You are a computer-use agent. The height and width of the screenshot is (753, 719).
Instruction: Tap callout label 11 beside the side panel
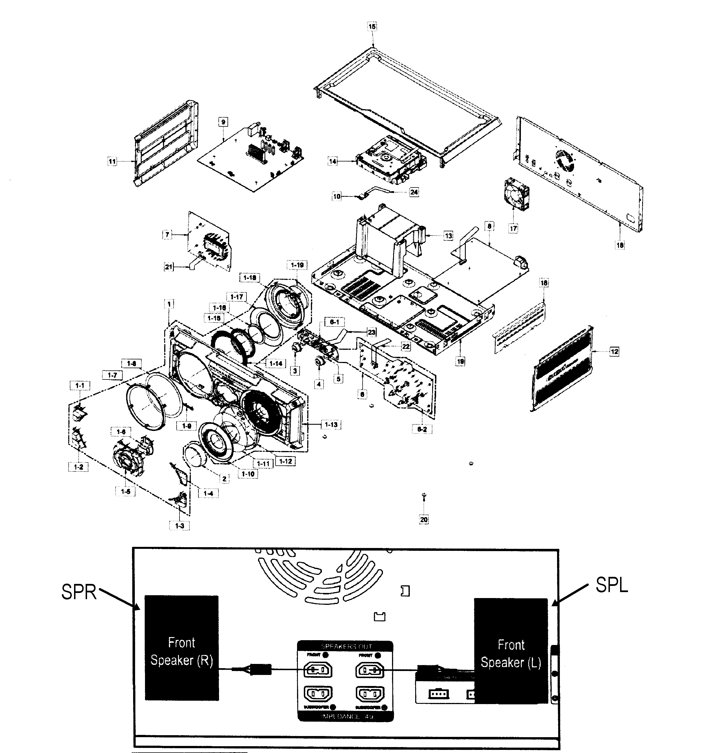click(x=112, y=161)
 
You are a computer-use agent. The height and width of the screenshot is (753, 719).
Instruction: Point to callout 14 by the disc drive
click(x=333, y=161)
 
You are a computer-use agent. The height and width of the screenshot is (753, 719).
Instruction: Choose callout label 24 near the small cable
click(x=414, y=192)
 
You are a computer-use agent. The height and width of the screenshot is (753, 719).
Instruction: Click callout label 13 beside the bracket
click(x=448, y=236)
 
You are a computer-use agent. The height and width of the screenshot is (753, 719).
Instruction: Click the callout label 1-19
click(x=297, y=265)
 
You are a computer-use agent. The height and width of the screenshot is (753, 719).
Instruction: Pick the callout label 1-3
click(x=179, y=526)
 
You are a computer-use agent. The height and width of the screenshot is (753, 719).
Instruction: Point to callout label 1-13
click(x=331, y=424)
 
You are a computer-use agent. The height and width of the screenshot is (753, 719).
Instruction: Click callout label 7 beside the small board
click(x=167, y=234)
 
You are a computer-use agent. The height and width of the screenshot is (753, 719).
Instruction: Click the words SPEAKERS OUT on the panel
click(x=346, y=646)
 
